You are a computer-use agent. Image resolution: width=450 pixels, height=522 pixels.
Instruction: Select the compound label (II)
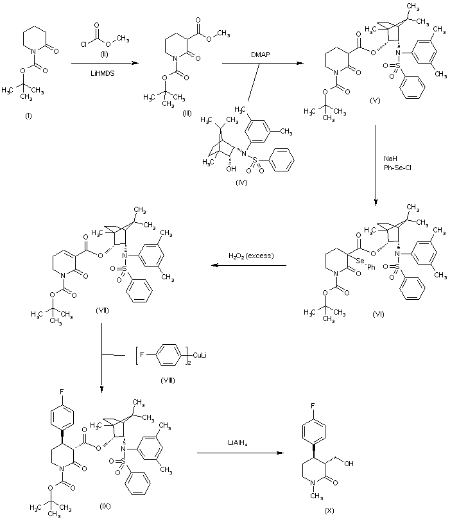(103, 53)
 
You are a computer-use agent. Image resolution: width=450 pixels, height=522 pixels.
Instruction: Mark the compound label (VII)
(101, 310)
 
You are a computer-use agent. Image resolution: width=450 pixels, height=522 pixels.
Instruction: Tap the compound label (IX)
(105, 507)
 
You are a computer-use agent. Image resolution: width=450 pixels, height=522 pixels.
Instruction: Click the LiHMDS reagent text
(103, 73)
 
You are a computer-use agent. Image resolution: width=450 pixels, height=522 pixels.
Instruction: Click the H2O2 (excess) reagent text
(251, 256)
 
